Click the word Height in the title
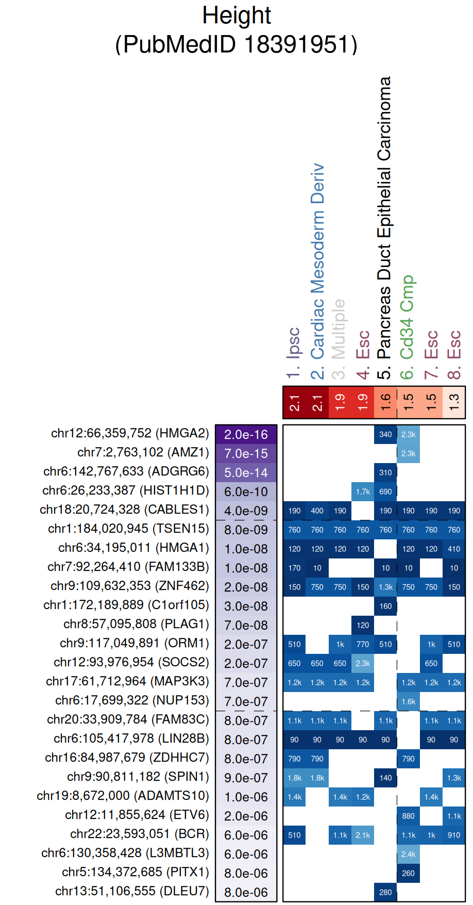236,15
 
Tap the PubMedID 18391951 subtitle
236,44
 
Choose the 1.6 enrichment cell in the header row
385,402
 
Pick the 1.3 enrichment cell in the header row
454,402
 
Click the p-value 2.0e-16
246,435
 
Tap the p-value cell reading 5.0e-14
246,473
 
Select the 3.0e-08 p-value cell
246,606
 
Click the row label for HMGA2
130,433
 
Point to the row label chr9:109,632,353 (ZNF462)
130,586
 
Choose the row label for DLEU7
132,891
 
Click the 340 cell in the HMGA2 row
385,435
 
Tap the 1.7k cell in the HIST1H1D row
363,492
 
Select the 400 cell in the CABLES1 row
317,511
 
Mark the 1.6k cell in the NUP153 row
408,702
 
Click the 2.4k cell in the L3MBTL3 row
408,854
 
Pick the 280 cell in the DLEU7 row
385,893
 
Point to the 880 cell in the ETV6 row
408,816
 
